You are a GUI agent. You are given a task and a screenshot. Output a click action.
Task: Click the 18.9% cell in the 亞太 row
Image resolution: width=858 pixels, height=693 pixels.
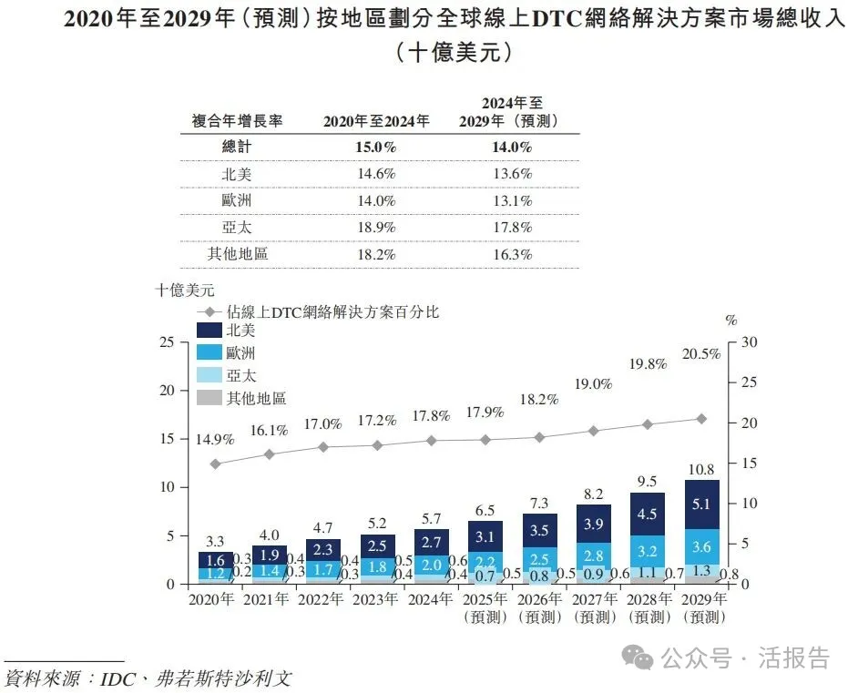(377, 228)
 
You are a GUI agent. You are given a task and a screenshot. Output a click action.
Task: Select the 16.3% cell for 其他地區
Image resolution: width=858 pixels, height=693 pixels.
(513, 255)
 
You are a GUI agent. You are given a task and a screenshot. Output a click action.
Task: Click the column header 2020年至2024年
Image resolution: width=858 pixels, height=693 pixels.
(376, 120)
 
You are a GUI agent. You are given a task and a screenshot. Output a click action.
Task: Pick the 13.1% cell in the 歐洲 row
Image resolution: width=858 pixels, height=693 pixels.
(513, 200)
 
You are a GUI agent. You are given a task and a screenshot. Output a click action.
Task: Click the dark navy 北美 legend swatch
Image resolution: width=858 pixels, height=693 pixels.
(209, 331)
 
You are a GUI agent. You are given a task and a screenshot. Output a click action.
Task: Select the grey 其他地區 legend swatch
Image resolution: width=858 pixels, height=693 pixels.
(209, 397)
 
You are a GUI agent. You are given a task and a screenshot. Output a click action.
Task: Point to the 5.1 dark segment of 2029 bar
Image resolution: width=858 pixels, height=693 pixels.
(701, 504)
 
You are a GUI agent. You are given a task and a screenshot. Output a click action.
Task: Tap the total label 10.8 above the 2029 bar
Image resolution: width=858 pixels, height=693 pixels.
(701, 470)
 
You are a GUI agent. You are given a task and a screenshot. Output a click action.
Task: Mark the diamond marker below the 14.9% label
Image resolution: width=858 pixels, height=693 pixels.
(215, 464)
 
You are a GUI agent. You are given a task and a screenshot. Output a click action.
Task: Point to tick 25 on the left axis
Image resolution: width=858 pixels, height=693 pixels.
(166, 342)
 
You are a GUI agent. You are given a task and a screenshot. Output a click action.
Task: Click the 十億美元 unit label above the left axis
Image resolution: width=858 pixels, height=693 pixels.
(184, 290)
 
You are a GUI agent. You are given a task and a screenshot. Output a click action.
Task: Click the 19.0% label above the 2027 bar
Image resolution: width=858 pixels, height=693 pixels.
(593, 384)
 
